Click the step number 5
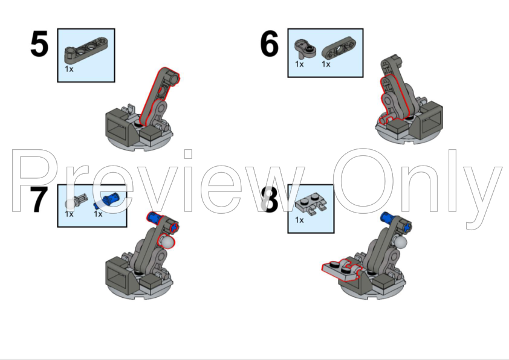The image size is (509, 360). click(39, 44)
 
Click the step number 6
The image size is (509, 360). click(270, 43)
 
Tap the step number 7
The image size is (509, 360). click(39, 200)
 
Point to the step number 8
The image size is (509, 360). click(270, 200)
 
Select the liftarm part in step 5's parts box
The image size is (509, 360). click(86, 51)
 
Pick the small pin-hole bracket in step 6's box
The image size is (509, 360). click(305, 50)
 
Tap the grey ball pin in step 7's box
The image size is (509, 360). click(76, 202)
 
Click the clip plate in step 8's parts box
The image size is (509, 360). click(311, 205)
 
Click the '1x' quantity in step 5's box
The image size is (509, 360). click(69, 69)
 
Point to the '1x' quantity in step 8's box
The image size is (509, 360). click(299, 220)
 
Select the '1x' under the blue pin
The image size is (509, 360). click(98, 214)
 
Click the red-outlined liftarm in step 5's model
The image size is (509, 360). click(159, 95)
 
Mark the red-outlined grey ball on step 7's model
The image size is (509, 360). click(166, 242)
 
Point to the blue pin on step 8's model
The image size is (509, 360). click(388, 217)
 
